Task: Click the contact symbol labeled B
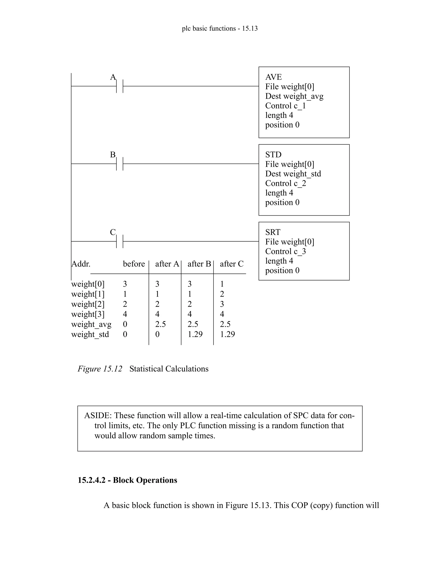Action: [x=120, y=164]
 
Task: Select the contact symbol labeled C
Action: [x=120, y=241]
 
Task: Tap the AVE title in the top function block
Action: [x=273, y=77]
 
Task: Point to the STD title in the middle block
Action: [x=273, y=155]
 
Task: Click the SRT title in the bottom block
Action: [x=273, y=232]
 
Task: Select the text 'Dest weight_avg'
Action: [x=294, y=96]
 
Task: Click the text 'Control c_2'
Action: [x=286, y=183]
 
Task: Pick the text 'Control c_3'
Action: [x=286, y=251]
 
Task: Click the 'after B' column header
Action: [x=199, y=264]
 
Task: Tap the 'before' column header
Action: [x=134, y=264]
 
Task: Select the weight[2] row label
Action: [x=88, y=304]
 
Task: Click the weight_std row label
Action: [x=90, y=334]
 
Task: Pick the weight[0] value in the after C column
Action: [x=222, y=284]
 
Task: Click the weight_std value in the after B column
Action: [x=195, y=334]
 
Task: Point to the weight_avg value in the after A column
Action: [x=160, y=324]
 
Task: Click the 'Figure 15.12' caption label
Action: [x=100, y=369]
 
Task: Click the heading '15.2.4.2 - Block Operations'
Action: [x=127, y=480]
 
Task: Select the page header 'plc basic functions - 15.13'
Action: [x=220, y=28]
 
